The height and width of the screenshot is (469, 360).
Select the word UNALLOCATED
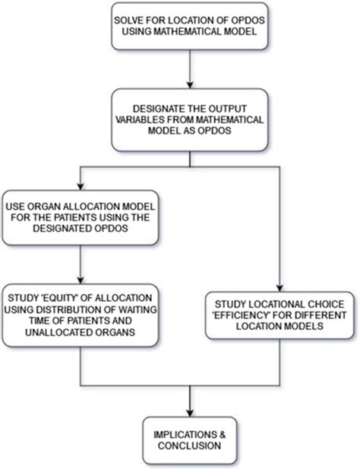coord(55,332)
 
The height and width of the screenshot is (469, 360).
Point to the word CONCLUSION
coord(189,445)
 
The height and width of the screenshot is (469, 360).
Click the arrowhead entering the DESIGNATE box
coord(190,84)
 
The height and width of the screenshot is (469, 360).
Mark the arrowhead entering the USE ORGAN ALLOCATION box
coord(80,186)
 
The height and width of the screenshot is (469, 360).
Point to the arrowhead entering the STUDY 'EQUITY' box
coord(80,280)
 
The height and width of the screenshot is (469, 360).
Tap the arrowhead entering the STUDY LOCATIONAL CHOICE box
coord(279,287)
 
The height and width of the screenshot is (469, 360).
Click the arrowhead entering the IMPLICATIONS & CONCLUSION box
coord(190,413)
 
